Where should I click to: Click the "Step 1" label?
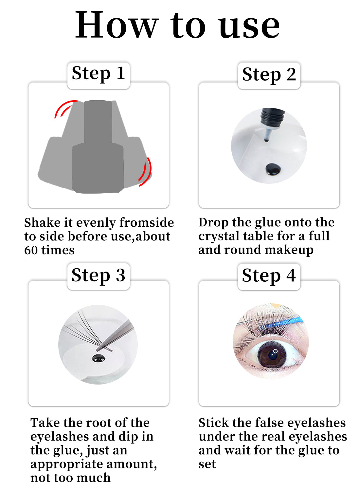click(99, 74)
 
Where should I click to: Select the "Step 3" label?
click(98, 275)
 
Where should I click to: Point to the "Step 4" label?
click(269, 276)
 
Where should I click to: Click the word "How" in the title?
click(116, 25)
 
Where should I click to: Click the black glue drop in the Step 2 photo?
click(273, 169)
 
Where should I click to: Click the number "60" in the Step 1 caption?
click(31, 250)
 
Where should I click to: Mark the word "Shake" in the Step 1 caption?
click(42, 222)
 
